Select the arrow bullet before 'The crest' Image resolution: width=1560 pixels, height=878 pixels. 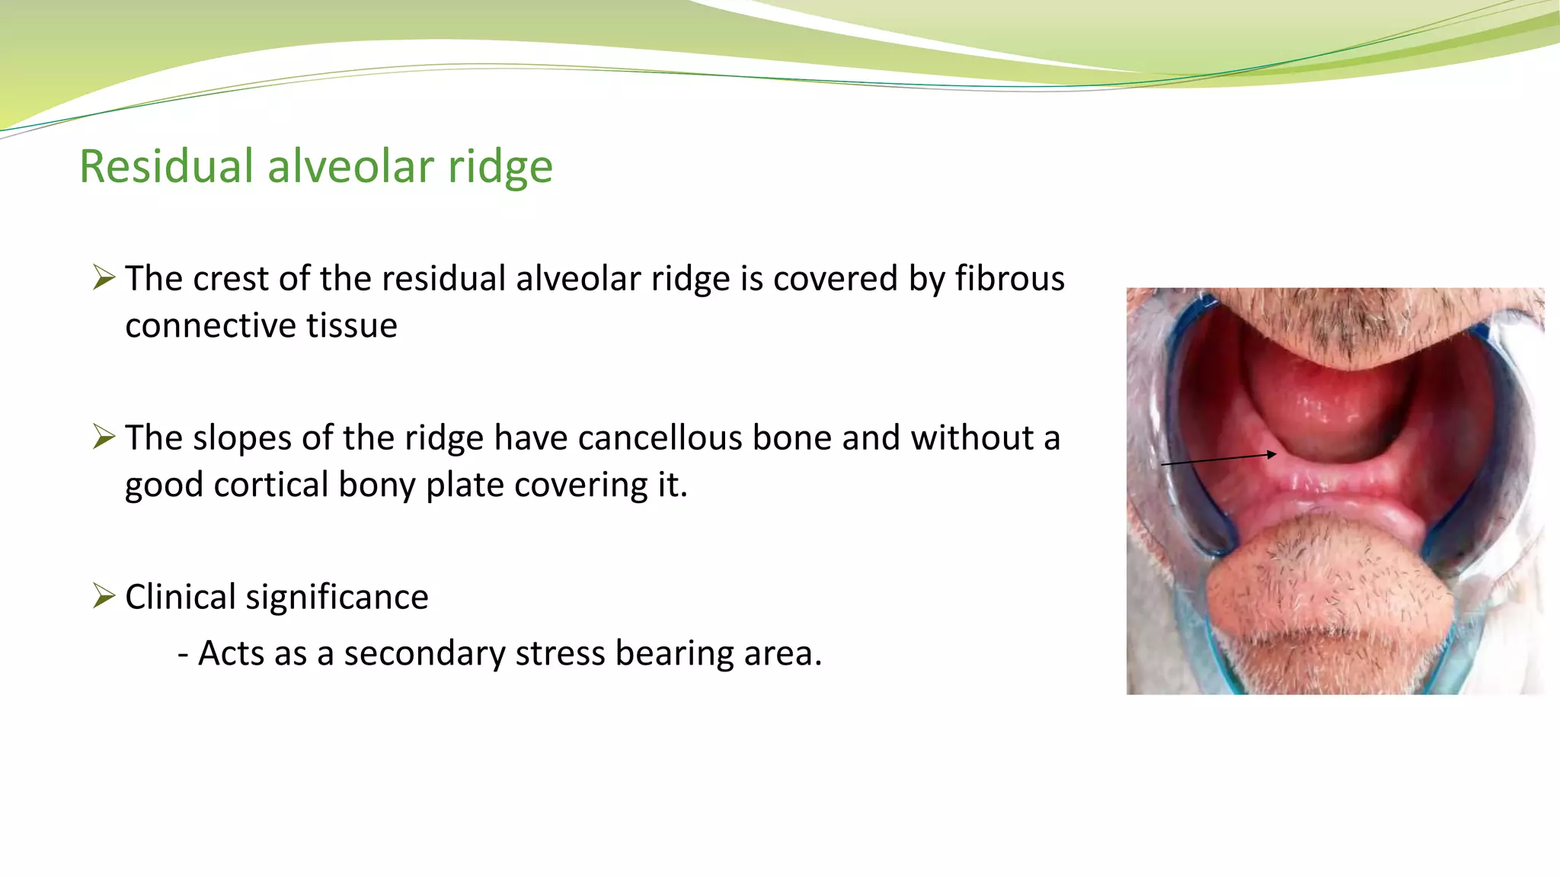tap(104, 277)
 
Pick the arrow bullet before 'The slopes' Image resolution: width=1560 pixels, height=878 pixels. tap(104, 437)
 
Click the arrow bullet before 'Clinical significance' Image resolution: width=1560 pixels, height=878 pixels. tap(104, 595)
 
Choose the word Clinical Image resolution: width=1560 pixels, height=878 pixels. tap(180, 597)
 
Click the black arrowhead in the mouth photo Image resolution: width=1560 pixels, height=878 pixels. tap(1271, 454)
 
